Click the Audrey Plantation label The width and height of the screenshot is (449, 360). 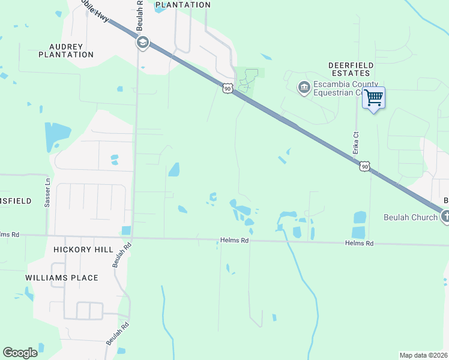coord(66,50)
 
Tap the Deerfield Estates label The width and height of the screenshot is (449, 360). coord(351,69)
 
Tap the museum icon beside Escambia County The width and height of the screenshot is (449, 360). coord(304,88)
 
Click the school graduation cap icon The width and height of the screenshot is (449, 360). coord(142,42)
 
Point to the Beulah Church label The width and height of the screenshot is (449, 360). coord(411,217)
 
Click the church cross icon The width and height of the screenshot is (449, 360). coord(445,217)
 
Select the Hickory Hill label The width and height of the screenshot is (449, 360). coord(79,249)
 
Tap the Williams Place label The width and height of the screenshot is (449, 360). coord(62,278)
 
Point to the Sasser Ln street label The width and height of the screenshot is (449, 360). coord(47,192)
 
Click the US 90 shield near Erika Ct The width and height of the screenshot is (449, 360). coord(365,166)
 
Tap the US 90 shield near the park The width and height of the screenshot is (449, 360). coord(227,88)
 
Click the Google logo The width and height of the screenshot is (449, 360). coord(20,353)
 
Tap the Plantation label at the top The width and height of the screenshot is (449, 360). coord(183,5)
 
